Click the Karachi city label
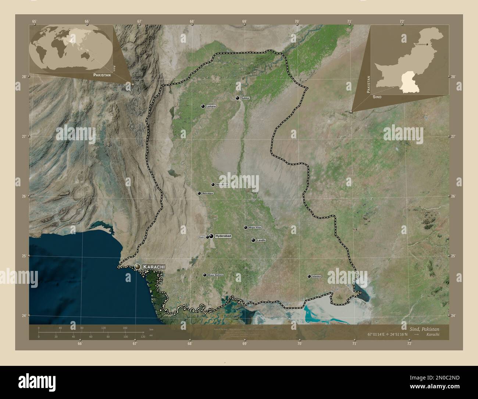[154, 266]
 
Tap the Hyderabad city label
[223, 236]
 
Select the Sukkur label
[245, 98]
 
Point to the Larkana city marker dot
[203, 106]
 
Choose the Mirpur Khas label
[255, 227]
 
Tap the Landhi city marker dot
[253, 240]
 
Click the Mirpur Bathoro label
[215, 275]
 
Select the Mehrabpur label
[207, 193]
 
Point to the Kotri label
[201, 237]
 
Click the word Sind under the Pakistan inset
[377, 97]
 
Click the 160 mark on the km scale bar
[125, 328]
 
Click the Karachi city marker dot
[138, 266]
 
